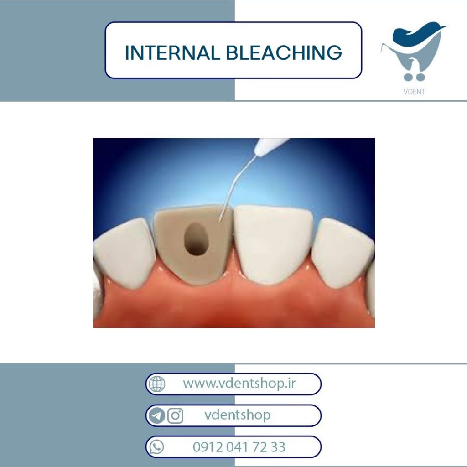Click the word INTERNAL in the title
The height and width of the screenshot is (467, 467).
coord(172,53)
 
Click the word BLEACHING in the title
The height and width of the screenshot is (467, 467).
coord(284,53)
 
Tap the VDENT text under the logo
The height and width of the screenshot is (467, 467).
coord(414,92)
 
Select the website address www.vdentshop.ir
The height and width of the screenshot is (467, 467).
coord(239,384)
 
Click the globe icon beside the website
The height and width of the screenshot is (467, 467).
coord(157,384)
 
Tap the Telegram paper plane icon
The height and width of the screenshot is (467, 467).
coord(157,415)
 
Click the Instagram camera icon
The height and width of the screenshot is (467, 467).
coord(176,415)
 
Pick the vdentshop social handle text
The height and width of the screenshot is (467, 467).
coord(237,415)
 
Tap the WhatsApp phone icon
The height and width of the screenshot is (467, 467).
coord(157,447)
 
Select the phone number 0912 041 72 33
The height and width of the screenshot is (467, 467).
coord(239,447)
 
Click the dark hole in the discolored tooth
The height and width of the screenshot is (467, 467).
coord(196,239)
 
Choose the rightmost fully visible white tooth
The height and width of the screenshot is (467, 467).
coord(342,253)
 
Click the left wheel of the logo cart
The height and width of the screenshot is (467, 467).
coord(408,78)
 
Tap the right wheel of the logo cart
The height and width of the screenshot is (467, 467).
coord(420,78)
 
